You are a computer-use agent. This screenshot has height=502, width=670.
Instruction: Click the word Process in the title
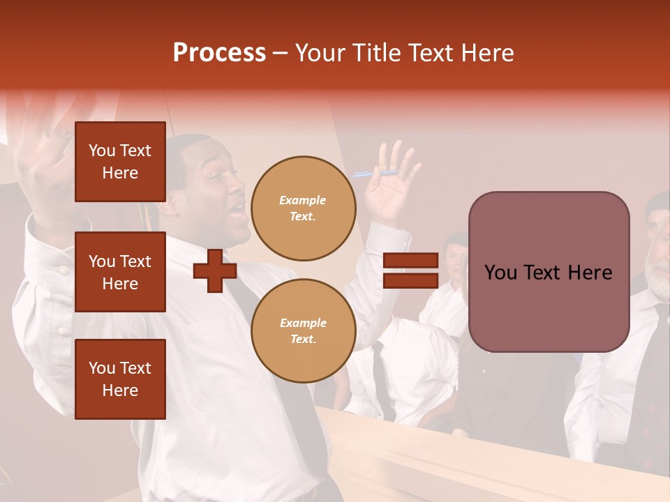tap(219, 53)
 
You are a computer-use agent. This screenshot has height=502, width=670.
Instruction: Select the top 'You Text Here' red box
tap(120, 162)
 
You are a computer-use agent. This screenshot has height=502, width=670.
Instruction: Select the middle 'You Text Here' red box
tap(120, 272)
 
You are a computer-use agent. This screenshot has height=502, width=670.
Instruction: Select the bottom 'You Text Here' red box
tap(120, 379)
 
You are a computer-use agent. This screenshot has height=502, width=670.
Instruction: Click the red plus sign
tap(215, 271)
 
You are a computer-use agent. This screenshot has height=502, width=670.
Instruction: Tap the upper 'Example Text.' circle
tap(303, 208)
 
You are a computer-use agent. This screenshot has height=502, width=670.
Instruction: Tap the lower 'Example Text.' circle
tap(303, 330)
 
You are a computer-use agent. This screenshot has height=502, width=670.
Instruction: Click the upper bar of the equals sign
tap(410, 261)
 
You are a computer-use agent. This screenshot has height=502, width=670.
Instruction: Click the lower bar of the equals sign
tap(410, 280)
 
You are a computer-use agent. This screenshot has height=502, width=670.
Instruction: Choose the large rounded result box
tap(549, 272)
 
